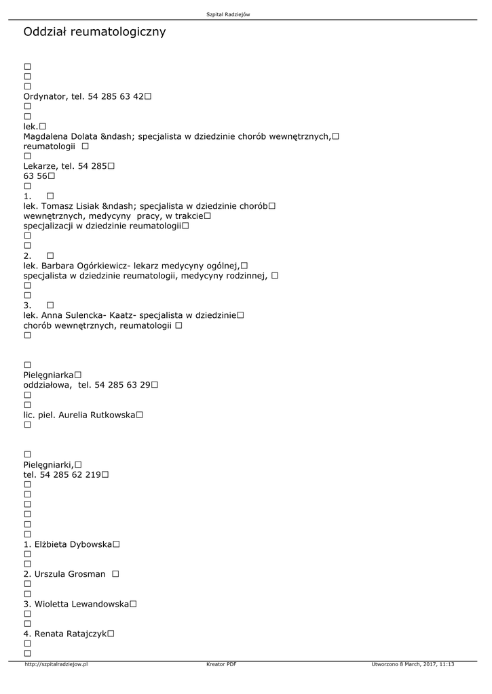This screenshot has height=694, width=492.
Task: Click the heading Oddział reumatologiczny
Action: tap(94, 32)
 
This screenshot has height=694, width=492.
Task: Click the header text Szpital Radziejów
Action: tap(228, 14)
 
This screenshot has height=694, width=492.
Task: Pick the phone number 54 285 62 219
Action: tap(70, 474)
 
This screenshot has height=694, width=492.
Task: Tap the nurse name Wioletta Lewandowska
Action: tap(81, 604)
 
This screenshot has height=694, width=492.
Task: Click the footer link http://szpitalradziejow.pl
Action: tap(56, 664)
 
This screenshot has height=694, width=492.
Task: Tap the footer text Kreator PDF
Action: tap(221, 664)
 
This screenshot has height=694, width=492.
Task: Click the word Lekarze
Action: tap(41, 166)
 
